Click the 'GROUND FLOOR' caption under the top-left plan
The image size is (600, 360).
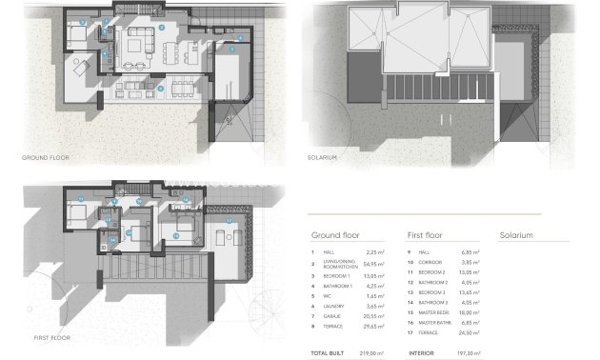[45, 156]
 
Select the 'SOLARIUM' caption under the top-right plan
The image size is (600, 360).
[323, 156]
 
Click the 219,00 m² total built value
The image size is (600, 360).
[373, 351]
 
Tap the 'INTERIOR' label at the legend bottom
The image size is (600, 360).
[422, 351]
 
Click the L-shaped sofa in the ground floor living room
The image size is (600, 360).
[143, 44]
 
